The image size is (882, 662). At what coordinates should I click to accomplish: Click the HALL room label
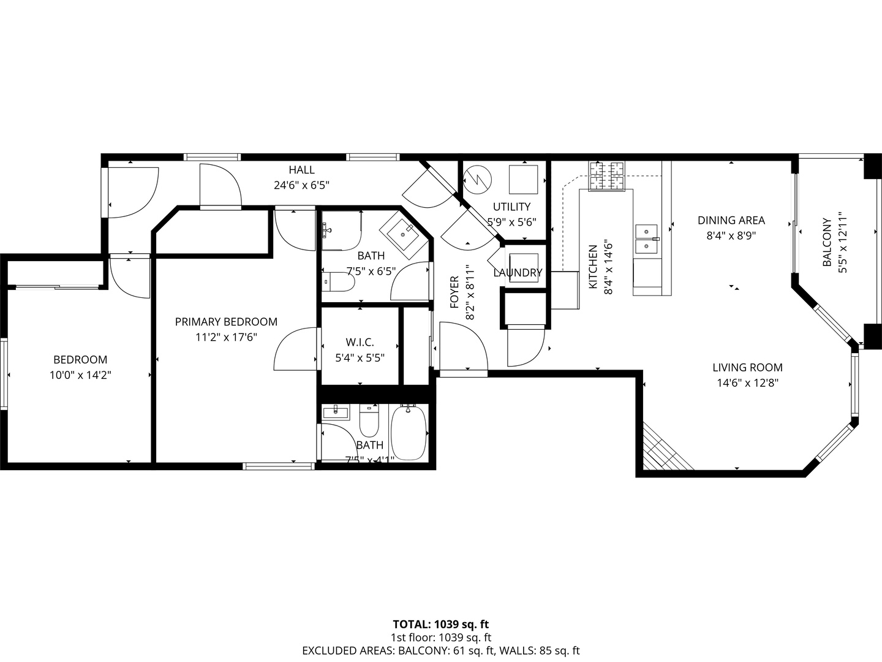[x=301, y=170]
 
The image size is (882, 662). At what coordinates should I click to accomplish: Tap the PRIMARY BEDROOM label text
[x=226, y=322]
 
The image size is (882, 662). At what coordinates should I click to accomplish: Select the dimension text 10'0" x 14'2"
[x=80, y=375]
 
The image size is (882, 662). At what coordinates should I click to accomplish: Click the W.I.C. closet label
[x=360, y=343]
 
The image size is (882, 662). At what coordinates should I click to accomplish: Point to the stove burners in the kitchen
[x=606, y=176]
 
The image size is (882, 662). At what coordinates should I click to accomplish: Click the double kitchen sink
[x=647, y=239]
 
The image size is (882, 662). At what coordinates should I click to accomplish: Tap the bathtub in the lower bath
[x=409, y=433]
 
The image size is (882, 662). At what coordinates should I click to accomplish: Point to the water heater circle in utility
[x=477, y=178]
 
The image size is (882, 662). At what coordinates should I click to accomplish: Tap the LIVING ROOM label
[x=747, y=368]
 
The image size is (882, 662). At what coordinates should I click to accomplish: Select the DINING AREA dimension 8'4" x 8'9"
[x=731, y=235]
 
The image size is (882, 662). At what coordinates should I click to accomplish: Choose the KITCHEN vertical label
[x=592, y=267]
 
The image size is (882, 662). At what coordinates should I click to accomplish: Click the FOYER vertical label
[x=454, y=292]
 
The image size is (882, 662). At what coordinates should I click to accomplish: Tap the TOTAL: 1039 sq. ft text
[x=440, y=625]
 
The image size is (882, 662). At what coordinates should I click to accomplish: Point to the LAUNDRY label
[x=518, y=273]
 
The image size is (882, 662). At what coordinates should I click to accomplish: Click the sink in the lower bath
[x=335, y=412]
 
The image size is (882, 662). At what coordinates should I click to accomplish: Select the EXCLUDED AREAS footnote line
[x=440, y=651]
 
